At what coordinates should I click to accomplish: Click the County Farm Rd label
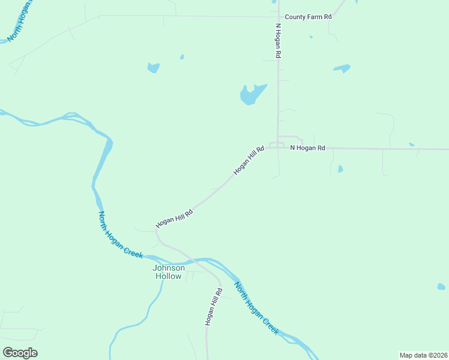point(308,17)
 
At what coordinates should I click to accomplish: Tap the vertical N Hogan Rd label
point(279,40)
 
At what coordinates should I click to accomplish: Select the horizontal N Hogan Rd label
point(307,148)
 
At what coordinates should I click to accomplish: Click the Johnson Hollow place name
point(168,272)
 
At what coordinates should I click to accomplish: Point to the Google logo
point(20,353)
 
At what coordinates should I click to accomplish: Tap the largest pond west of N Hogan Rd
point(251,94)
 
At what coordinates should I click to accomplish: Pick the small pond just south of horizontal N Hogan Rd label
point(340,169)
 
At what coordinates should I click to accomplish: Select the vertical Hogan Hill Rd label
point(213,306)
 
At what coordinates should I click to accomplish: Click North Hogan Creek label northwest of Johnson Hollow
point(121,235)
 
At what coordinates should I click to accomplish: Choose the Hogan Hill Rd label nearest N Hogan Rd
point(249,160)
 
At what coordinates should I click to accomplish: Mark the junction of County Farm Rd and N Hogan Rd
point(277,17)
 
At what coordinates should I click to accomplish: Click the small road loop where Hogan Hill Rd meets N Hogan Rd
point(277,145)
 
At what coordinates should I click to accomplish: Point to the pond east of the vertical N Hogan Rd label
point(342,68)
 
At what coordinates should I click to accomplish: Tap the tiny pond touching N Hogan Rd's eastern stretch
point(411,145)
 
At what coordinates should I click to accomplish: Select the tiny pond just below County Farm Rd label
point(311,37)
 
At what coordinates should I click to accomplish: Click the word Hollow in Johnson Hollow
point(168,277)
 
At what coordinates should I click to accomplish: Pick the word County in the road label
point(295,17)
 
